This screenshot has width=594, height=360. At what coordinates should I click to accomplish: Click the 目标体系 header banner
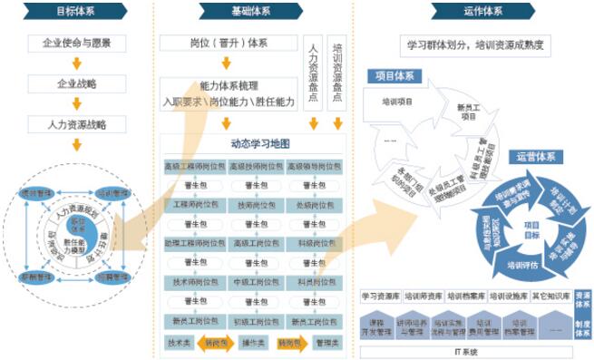tap(76, 12)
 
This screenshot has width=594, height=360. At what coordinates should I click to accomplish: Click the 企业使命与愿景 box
tap(77, 44)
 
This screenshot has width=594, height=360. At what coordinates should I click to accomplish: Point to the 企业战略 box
tap(77, 84)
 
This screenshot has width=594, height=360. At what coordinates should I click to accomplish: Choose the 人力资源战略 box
tap(77, 123)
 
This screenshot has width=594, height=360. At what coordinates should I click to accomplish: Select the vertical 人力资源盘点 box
tap(313, 73)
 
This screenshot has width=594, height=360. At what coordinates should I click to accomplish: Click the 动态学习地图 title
tap(246, 144)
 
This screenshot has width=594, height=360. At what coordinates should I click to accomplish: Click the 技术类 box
tap(179, 343)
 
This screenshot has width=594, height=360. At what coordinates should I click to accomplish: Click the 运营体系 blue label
tap(534, 155)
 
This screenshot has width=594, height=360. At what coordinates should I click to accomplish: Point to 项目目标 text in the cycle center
tap(531, 229)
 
